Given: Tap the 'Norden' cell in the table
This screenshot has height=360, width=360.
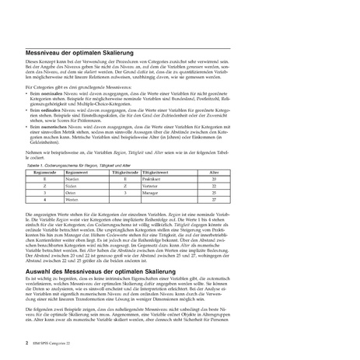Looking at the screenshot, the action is tap(72, 179).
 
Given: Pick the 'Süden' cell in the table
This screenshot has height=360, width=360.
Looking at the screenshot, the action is tap(72, 186).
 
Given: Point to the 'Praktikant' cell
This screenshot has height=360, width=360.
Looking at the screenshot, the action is tap(156, 179).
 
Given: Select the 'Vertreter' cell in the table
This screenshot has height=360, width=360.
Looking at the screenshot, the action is tap(155, 186).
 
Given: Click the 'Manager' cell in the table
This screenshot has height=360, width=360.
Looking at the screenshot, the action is tap(155, 193).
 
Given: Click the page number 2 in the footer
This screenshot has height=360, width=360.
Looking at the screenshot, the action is tap(27, 341).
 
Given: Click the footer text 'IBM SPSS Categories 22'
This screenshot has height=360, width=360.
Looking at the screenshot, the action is tap(53, 341).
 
